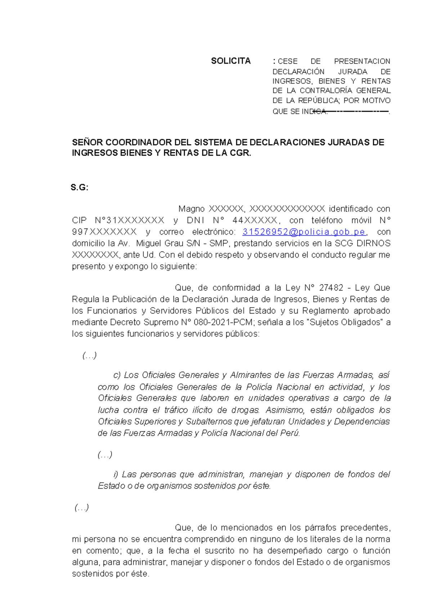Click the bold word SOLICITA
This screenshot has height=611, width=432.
tap(230, 61)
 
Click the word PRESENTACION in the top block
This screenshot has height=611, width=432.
tap(362, 61)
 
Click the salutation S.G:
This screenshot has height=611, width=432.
tap(79, 187)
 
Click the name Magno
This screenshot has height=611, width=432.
tap(192, 209)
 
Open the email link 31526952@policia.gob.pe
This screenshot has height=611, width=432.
tap(304, 232)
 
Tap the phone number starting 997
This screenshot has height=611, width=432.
tap(104, 232)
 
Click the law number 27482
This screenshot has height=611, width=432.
tap(331, 288)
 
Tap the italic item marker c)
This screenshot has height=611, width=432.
tap(117, 375)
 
